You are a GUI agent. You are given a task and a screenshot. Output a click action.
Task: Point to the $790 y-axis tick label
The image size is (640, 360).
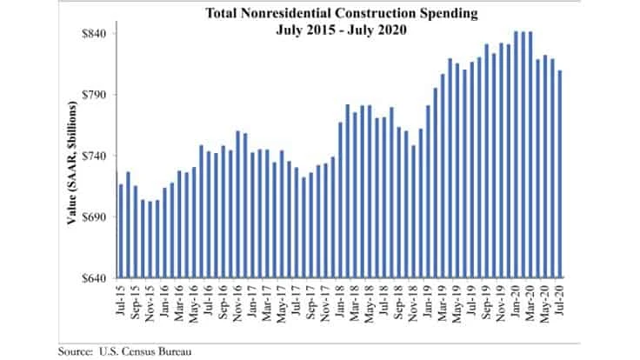97,94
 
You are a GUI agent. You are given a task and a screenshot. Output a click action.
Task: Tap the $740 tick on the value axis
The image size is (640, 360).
97,156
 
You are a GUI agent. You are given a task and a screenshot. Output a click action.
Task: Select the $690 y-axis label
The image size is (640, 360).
97,217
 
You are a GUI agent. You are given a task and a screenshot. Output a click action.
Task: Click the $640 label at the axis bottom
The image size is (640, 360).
97,278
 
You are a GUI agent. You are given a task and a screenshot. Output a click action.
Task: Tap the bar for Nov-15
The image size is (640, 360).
150,239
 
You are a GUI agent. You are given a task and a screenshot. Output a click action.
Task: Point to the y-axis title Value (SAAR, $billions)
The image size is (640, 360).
73,163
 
